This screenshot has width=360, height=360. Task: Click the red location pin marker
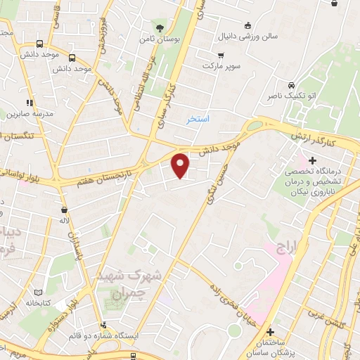[x=181, y=165]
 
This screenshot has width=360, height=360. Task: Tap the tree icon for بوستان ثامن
[x=161, y=28]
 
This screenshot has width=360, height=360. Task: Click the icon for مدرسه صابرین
[x=28, y=103]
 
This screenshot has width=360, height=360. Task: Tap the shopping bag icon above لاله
[x=65, y=209]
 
